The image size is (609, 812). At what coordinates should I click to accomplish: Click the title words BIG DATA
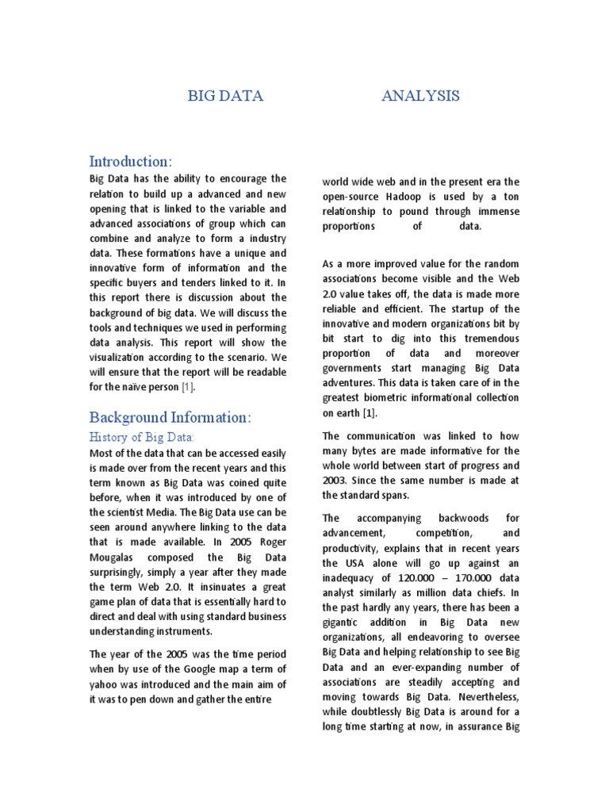point(224,97)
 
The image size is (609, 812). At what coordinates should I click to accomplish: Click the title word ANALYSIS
point(419,97)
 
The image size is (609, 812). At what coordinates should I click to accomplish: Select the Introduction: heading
point(129,161)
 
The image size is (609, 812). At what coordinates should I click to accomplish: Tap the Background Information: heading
point(170,417)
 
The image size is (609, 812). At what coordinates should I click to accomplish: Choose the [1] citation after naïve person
point(186,387)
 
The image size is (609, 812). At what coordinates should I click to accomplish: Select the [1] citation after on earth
point(370,413)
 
